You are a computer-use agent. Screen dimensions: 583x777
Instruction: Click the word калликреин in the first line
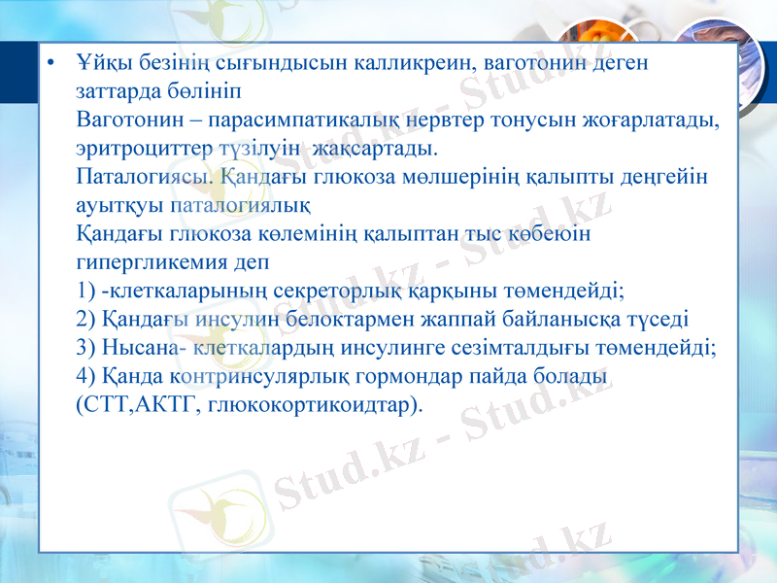pos(421,64)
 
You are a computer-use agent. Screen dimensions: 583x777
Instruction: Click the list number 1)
pos(86,291)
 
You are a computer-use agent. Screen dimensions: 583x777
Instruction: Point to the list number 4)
pos(86,375)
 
